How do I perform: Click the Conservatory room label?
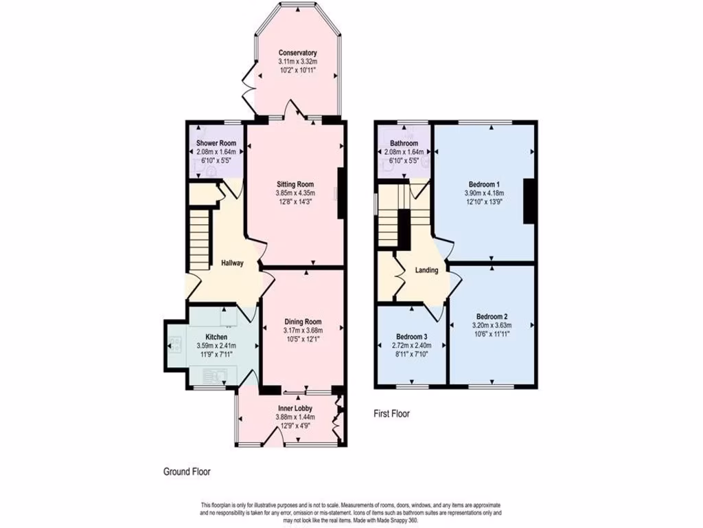pyautogui.click(x=297, y=53)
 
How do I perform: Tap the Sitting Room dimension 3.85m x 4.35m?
pyautogui.click(x=295, y=193)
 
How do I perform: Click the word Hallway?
pyautogui.click(x=232, y=263)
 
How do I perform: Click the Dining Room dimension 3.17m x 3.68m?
pyautogui.click(x=303, y=330)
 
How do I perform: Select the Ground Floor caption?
pyautogui.click(x=187, y=472)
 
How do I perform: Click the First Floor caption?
pyautogui.click(x=391, y=414)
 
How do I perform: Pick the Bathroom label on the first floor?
pyautogui.click(x=402, y=143)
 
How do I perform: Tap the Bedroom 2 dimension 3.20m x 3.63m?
pyautogui.click(x=490, y=325)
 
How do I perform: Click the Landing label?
pyautogui.click(x=426, y=270)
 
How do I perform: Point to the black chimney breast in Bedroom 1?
pyautogui.click(x=529, y=201)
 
